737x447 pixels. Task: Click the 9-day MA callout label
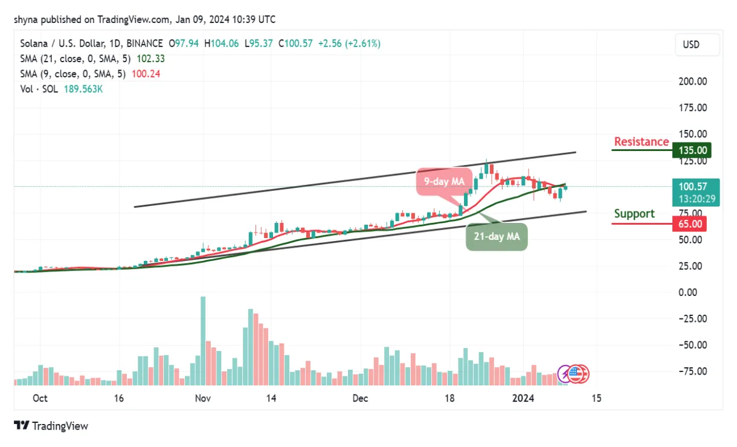pyautogui.click(x=444, y=181)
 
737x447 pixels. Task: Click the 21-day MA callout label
pyautogui.click(x=497, y=237)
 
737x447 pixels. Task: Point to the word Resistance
pyautogui.click(x=641, y=142)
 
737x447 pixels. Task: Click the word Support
pyautogui.click(x=634, y=214)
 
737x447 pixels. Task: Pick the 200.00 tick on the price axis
pyautogui.click(x=692, y=82)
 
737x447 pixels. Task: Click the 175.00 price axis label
pyautogui.click(x=692, y=108)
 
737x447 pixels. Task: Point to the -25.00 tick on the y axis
pyautogui.click(x=690, y=318)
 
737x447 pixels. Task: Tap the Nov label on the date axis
pyautogui.click(x=203, y=399)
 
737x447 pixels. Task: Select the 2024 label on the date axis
pyautogui.click(x=523, y=399)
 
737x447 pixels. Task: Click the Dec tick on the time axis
pyautogui.click(x=360, y=399)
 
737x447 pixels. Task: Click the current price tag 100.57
pyautogui.click(x=696, y=187)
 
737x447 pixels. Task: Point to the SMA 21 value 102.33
pyautogui.click(x=151, y=59)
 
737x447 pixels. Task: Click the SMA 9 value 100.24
pyautogui.click(x=147, y=74)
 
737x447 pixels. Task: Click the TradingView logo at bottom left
pyautogui.click(x=51, y=426)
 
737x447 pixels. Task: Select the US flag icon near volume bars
pyautogui.click(x=578, y=374)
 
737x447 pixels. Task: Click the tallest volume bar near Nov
pyautogui.click(x=203, y=340)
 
